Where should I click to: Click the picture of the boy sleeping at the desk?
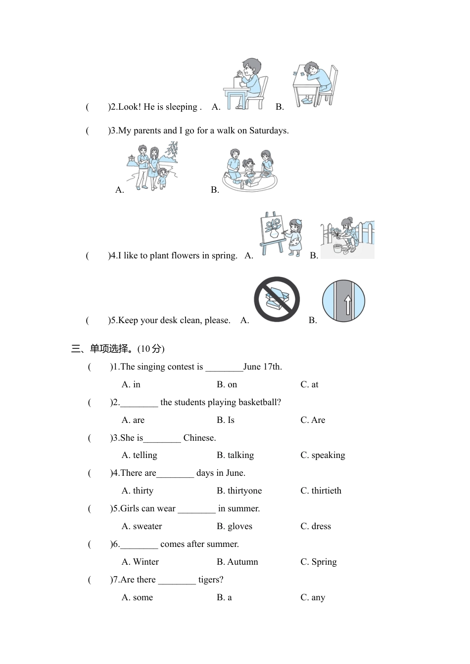coord(315,84)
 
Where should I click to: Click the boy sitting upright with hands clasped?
coord(246,84)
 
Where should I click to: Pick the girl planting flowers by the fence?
coord(348,237)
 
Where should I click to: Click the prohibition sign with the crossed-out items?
coord(277,299)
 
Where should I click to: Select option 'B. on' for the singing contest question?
coord(227,384)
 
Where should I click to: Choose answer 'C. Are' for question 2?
coord(313,420)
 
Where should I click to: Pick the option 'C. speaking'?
coord(323,455)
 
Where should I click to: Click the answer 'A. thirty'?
coord(138,491)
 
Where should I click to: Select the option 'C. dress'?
coord(316,526)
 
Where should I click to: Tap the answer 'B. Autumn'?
coord(237,562)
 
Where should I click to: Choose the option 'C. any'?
coord(313,597)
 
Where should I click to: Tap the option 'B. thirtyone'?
coord(239,491)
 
